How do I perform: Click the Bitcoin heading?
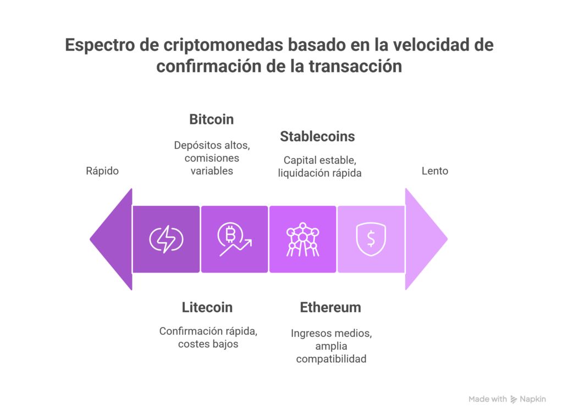coord(212,119)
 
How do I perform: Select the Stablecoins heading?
coord(317,137)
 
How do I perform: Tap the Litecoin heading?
coord(207,308)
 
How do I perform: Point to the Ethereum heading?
coord(330,308)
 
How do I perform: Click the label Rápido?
coord(102,171)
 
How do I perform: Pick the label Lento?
coord(435,171)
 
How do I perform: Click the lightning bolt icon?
coord(166,239)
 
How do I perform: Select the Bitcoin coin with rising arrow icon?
coord(234,239)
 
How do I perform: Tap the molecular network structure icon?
coord(303,239)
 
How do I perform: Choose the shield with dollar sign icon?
coord(371,239)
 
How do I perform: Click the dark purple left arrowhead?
coord(111,239)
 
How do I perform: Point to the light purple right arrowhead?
coord(427,239)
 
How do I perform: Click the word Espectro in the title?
coord(100,45)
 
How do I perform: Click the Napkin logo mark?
coord(514,399)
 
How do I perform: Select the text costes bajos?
coord(208,344)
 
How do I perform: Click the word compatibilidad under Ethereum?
coord(332,359)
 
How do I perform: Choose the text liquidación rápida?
coord(319,173)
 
